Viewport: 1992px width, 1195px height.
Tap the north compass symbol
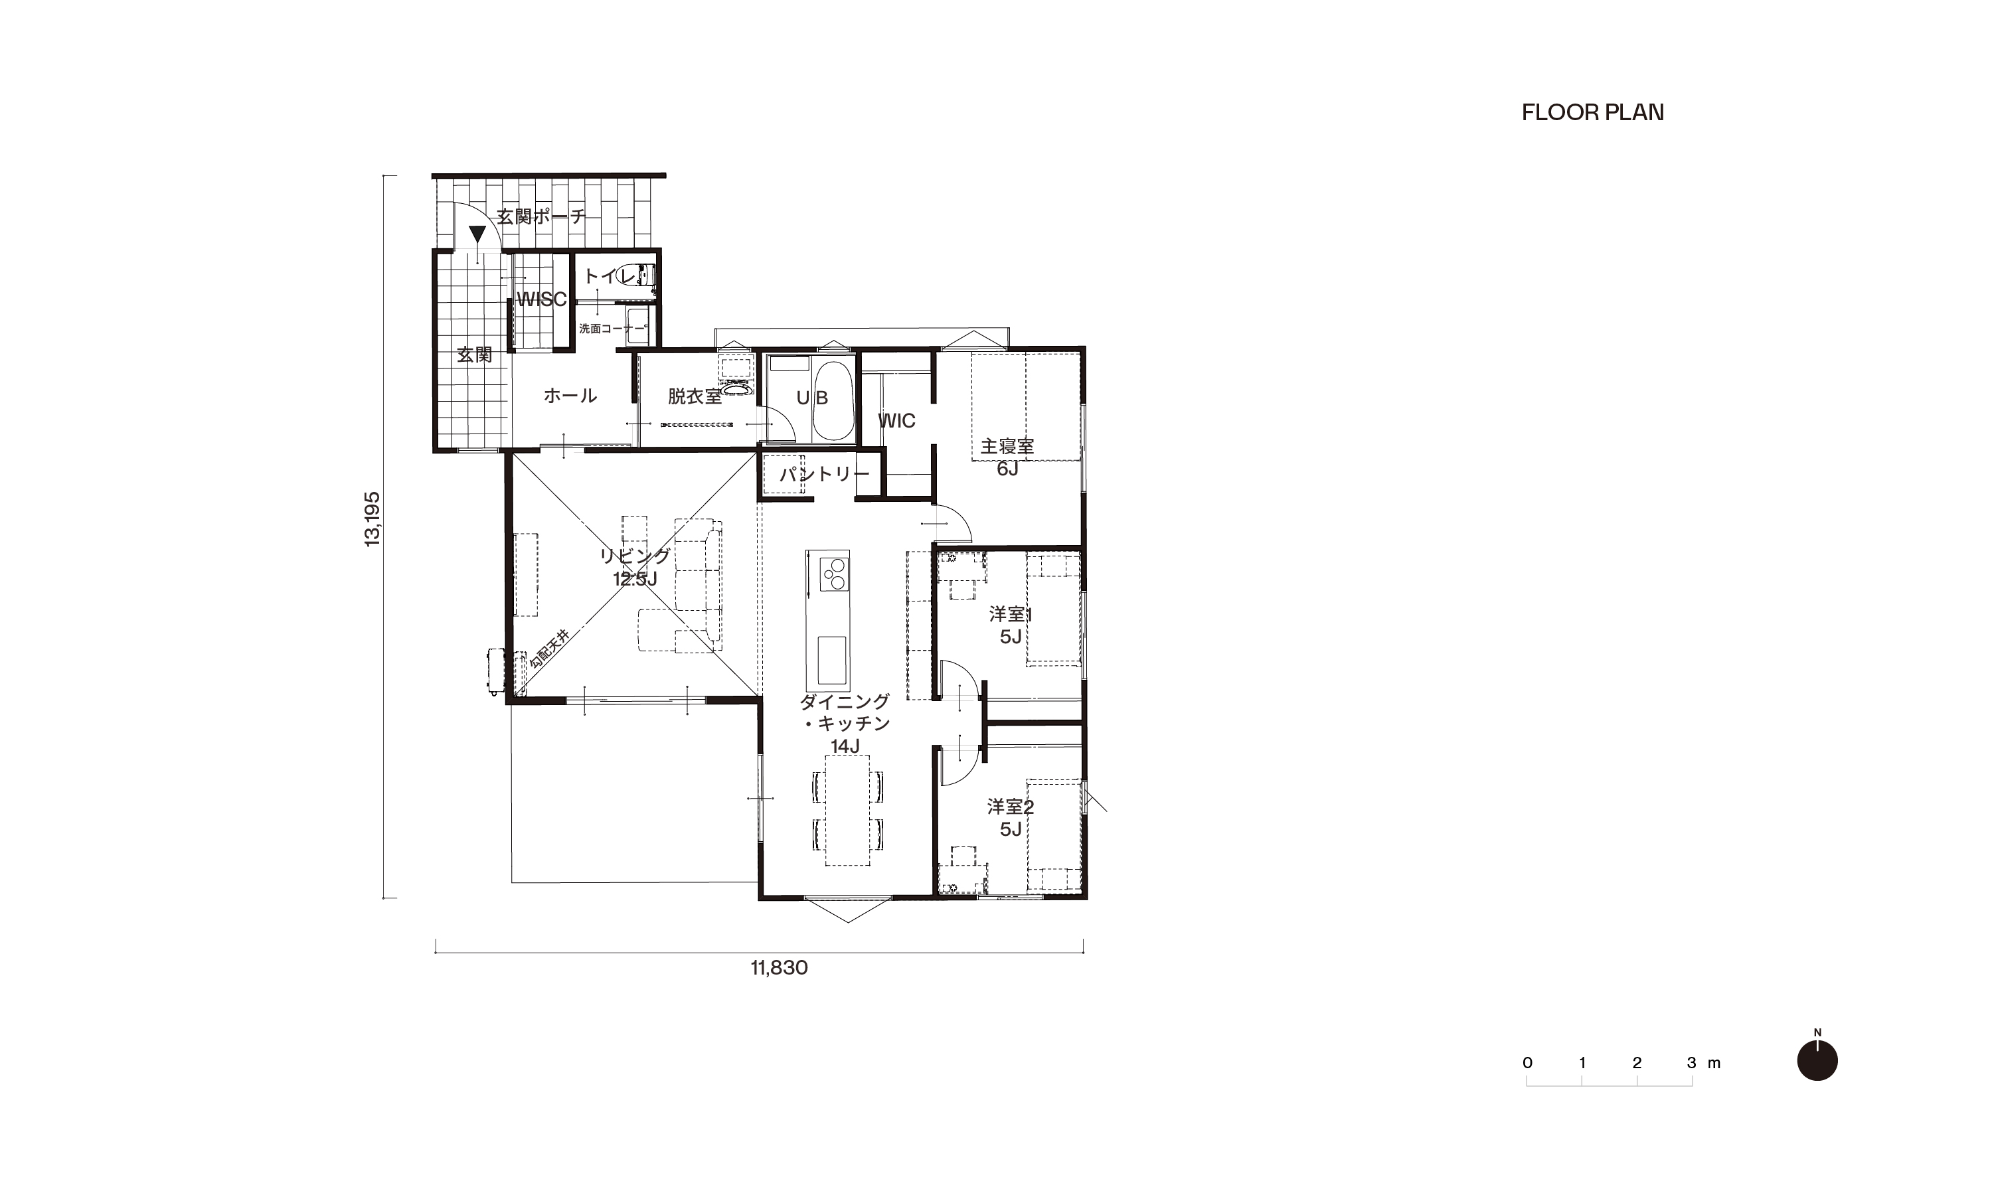(x=1817, y=1060)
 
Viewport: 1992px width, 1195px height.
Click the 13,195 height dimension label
(x=373, y=519)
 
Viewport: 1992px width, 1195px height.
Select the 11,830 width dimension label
(x=779, y=968)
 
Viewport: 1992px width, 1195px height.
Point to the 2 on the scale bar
(x=1637, y=1063)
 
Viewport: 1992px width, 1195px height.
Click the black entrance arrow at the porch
(x=477, y=234)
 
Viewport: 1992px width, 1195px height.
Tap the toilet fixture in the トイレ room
(x=646, y=275)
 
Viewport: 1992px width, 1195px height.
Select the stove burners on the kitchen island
(x=834, y=575)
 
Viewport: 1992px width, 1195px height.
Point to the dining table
(x=848, y=809)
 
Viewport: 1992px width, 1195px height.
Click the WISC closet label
(x=542, y=299)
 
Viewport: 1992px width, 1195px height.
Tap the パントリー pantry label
(x=825, y=474)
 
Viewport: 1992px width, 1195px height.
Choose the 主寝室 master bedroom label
(x=1007, y=445)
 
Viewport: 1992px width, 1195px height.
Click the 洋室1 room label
(x=1011, y=614)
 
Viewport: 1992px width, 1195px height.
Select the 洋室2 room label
(x=1011, y=806)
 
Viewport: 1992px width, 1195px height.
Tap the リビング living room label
(x=635, y=556)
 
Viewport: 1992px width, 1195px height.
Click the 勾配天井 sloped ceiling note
(x=549, y=651)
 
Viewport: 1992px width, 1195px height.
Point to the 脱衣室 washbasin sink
(x=736, y=390)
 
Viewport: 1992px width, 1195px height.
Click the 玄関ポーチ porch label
(x=540, y=216)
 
